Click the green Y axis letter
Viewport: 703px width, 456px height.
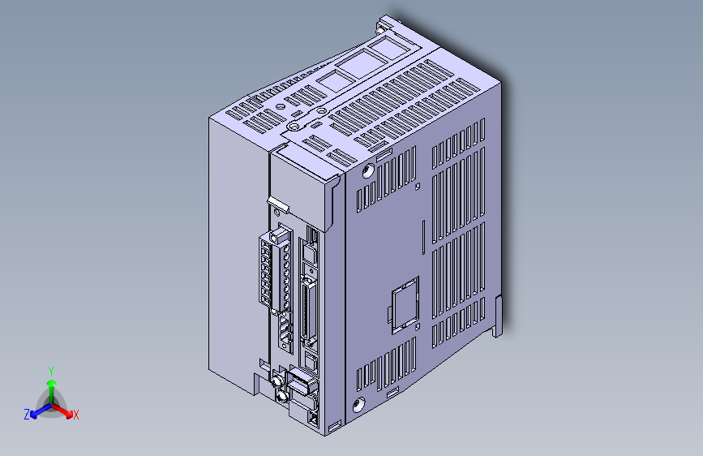50,370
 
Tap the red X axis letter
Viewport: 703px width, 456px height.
75,415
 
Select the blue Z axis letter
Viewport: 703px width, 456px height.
27,415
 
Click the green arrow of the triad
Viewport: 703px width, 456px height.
50,385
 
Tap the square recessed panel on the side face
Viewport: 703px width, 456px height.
403,304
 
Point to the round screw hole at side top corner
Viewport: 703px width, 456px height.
368,171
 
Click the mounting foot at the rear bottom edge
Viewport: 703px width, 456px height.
499,316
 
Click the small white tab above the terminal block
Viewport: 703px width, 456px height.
277,203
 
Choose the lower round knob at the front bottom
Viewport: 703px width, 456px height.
281,395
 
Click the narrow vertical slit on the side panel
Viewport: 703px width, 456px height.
423,236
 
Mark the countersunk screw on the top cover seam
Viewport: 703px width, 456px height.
294,127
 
